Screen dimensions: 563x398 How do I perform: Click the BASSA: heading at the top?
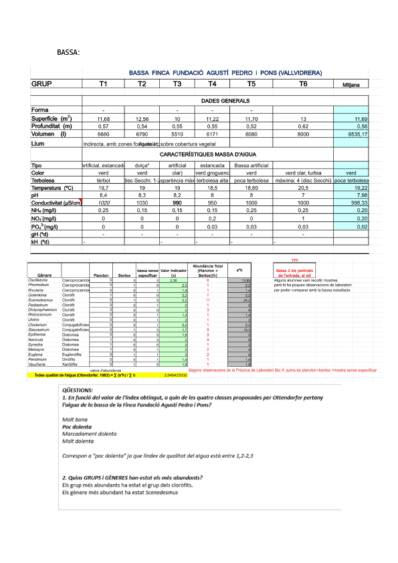(x=68, y=51)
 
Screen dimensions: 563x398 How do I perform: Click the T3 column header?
(x=177, y=84)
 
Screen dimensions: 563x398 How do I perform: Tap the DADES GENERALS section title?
(x=225, y=100)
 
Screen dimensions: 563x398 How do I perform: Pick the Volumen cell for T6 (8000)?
(x=302, y=133)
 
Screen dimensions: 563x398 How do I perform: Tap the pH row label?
(x=35, y=177)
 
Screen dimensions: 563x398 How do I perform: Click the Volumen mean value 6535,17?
(x=357, y=133)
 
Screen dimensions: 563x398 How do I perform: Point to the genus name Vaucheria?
(x=39, y=364)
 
